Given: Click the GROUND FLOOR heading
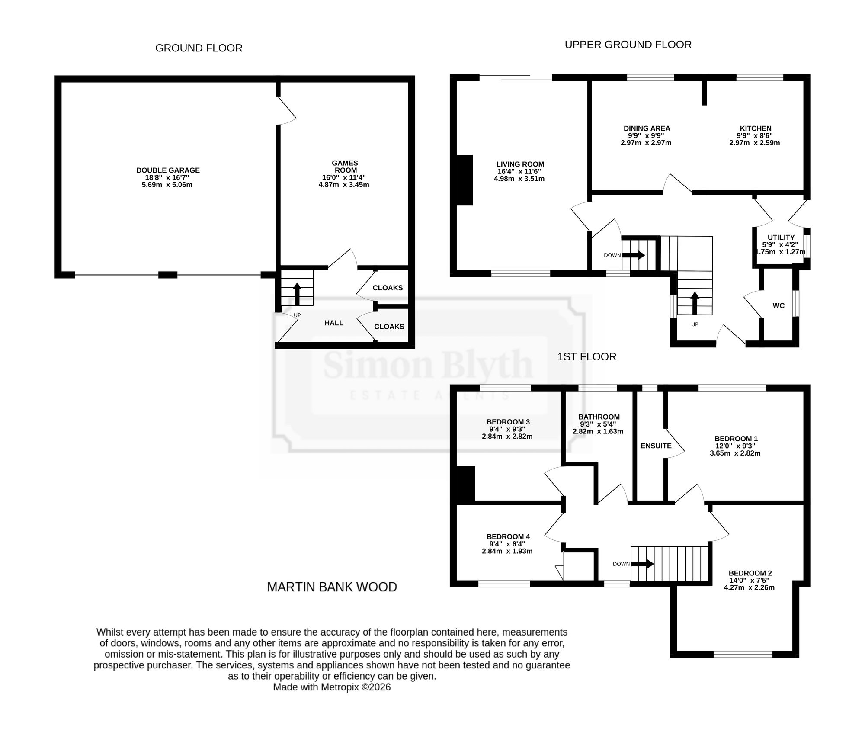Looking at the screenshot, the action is tap(199, 48).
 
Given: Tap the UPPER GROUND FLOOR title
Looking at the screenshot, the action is tap(628, 45).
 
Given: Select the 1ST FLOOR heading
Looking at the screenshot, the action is tap(587, 356).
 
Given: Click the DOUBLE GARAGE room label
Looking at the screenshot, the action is tap(168, 170).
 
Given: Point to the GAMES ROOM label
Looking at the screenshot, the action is tap(345, 167).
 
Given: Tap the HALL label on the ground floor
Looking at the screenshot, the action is tap(334, 323).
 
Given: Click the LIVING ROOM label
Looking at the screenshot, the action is tap(520, 164).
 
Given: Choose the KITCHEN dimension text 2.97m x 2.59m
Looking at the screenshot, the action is tap(755, 143).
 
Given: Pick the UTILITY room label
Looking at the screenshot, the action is tap(781, 238).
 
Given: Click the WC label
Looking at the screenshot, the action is tap(778, 306).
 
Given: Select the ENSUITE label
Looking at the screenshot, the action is tap(656, 446).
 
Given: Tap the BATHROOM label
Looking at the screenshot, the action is tap(599, 417).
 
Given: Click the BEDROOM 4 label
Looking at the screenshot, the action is tap(508, 537).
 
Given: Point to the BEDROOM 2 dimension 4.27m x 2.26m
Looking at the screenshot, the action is tap(749, 587).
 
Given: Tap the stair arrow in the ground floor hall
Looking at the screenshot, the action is tap(297, 294).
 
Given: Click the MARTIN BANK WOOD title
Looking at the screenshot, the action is tap(332, 587).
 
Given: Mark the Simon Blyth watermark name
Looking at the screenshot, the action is tap(428, 365).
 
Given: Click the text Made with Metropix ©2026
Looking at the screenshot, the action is tap(332, 687).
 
